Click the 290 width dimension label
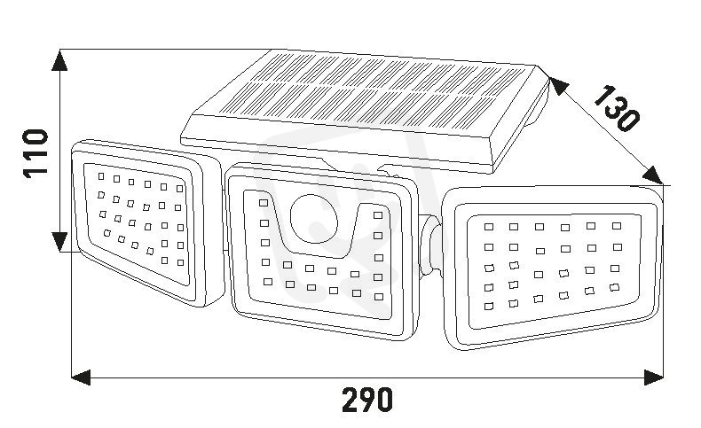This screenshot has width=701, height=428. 367,400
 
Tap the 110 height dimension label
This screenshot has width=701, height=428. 35,154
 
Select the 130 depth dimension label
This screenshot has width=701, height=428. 617,108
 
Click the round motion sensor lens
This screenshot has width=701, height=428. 314,218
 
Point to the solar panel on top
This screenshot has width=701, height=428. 365,112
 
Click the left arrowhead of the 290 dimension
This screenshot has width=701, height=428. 81,377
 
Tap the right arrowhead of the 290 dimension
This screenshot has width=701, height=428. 654,377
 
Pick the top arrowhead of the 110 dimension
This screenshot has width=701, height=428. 59,60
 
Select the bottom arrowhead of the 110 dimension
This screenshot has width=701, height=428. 59,241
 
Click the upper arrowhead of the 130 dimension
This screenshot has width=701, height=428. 559,85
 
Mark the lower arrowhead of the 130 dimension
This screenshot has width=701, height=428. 652,175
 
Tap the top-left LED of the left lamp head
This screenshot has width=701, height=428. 101,176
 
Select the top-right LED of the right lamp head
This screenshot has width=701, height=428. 617,226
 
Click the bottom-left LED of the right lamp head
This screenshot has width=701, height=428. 489,307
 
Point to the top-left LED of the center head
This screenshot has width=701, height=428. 264,203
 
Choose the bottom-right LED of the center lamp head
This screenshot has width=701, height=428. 379,297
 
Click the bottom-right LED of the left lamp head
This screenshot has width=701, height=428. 181,263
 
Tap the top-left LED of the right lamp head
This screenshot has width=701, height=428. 489,227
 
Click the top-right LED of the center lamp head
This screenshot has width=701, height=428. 378,215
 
